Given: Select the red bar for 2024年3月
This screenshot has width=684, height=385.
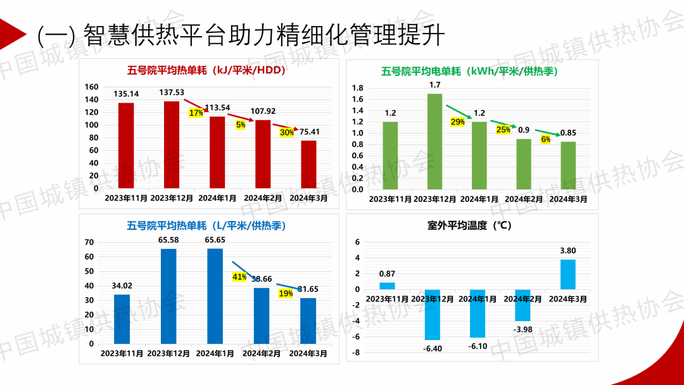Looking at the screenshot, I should tap(308, 164).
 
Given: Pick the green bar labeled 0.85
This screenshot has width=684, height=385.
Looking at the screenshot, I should tap(569, 165).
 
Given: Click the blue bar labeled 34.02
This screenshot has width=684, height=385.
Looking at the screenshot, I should tap(122, 319).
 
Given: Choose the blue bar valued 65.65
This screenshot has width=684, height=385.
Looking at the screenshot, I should tap(215, 296).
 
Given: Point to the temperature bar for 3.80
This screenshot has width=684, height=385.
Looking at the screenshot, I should tap(568, 274).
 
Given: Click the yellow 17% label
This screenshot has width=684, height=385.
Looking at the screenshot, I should tap(196, 113).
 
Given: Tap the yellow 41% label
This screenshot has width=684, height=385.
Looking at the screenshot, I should tap(239, 277).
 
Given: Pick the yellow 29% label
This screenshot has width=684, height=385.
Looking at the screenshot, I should tap(457, 122).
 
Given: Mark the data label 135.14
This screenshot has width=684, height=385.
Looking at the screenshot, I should tap(126, 94).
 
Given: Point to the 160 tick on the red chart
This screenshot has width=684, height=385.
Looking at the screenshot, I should tap(92, 87).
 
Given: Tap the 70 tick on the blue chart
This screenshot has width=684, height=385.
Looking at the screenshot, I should tap(89, 242).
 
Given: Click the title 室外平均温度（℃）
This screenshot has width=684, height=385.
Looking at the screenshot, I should tap(469, 225).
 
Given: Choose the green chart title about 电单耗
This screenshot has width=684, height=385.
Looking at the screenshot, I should tap(469, 72).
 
